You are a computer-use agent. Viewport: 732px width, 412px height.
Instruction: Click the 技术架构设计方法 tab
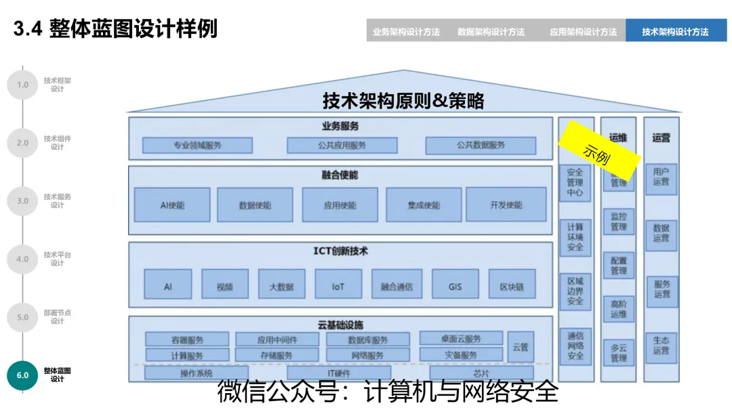pyautogui.click(x=675, y=31)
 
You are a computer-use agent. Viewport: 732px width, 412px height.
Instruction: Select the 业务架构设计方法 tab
pyautogui.click(x=406, y=31)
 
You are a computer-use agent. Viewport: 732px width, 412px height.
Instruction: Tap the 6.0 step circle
pyautogui.click(x=22, y=375)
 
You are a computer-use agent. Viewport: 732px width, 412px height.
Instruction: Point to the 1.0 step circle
pyautogui.click(x=22, y=85)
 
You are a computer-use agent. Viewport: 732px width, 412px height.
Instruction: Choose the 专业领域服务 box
pyautogui.click(x=197, y=145)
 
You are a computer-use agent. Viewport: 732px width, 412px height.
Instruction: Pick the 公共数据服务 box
pyautogui.click(x=481, y=145)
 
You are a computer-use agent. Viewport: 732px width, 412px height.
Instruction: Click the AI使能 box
pyautogui.click(x=172, y=205)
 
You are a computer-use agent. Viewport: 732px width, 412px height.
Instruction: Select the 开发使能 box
pyautogui.click(x=506, y=205)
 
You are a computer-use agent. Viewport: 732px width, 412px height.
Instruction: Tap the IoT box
pyautogui.click(x=338, y=287)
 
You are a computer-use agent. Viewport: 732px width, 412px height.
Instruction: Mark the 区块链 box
pyautogui.click(x=512, y=287)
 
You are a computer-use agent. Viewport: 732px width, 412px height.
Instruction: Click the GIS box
pyautogui.click(x=455, y=287)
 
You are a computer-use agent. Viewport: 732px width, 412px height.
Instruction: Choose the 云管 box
pyautogui.click(x=521, y=347)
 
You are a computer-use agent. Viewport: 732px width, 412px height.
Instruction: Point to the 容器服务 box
pyautogui.click(x=187, y=339)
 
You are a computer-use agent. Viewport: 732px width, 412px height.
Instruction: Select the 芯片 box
pyautogui.click(x=481, y=373)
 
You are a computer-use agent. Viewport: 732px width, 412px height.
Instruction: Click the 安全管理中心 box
pyautogui.click(x=575, y=182)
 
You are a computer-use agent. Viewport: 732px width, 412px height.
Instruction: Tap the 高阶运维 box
pyautogui.click(x=619, y=310)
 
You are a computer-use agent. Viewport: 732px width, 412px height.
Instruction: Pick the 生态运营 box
pyautogui.click(x=661, y=345)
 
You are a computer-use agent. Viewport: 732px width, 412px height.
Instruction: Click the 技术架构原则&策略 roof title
pyautogui.click(x=403, y=102)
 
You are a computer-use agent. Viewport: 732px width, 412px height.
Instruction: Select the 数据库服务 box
pyautogui.click(x=368, y=339)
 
